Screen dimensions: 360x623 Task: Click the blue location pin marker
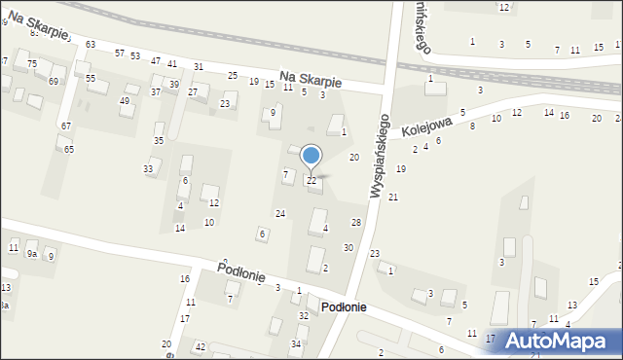311,157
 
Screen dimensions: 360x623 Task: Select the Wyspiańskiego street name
381,156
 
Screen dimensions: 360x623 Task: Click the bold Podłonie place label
344,306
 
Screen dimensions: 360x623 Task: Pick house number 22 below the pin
311,181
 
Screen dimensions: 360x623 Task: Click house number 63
91,45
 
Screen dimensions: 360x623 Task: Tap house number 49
125,101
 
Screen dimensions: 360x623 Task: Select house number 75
32,63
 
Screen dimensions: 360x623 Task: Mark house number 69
54,81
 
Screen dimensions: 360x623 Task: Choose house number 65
69,149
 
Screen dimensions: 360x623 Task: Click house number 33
148,169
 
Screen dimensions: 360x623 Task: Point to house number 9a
32,255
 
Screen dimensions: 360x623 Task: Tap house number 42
200,346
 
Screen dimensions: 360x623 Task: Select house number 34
296,343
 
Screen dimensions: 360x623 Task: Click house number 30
348,248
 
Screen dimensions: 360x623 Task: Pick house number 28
356,224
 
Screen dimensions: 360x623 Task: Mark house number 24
280,213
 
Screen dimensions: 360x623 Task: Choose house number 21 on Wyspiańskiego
393,198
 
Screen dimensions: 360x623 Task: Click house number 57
120,54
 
